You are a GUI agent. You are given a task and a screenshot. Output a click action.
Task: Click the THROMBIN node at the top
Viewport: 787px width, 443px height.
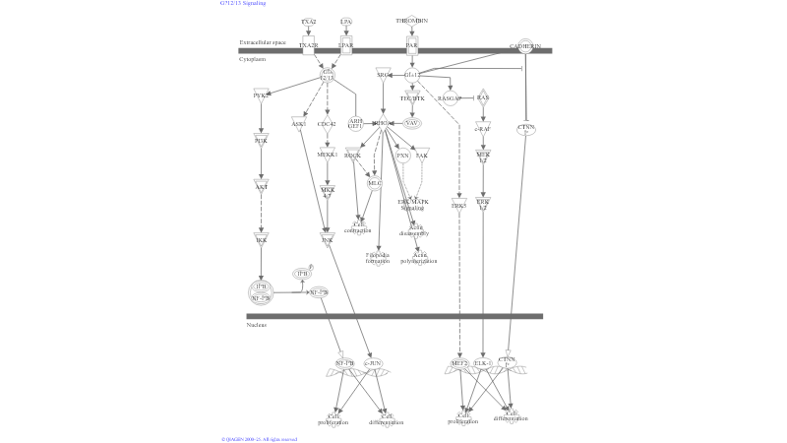pos(412,20)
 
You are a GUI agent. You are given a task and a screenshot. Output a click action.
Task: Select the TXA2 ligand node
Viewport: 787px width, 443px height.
pos(308,20)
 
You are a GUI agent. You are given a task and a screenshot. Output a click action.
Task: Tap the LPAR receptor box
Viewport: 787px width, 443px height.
pos(346,45)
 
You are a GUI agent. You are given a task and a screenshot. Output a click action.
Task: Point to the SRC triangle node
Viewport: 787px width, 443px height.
pos(384,74)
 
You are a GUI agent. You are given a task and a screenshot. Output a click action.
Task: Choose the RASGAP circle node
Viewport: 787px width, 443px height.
pos(449,98)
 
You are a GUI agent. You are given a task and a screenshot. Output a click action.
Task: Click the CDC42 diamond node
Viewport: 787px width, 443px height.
pos(327,124)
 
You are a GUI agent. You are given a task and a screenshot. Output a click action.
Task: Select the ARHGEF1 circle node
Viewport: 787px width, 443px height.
pos(355,123)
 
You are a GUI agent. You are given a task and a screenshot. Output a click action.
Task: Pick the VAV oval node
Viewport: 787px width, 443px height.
pos(412,123)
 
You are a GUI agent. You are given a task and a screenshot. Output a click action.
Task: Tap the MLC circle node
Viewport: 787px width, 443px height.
pos(374,182)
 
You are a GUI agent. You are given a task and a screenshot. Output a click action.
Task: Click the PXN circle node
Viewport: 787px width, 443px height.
pos(402,156)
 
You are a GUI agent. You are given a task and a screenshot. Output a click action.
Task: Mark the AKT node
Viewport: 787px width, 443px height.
pos(261,186)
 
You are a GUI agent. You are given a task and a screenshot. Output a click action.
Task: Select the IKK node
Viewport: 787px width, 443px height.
pos(261,239)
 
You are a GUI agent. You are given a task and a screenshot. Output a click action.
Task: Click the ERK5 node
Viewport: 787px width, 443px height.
pos(458,205)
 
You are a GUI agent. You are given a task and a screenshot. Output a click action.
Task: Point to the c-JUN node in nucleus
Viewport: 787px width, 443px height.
pos(373,363)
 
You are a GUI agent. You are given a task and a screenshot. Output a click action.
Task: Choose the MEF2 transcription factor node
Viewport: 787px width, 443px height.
pos(458,363)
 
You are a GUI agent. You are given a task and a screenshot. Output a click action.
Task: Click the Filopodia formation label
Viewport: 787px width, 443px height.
pos(378,258)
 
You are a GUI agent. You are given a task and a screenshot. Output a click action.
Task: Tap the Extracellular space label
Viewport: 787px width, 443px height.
pos(263,43)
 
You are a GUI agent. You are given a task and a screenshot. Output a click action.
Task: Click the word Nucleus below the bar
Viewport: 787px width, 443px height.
pos(257,324)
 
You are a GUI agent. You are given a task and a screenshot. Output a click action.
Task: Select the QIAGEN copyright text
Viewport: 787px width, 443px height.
pos(259,439)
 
